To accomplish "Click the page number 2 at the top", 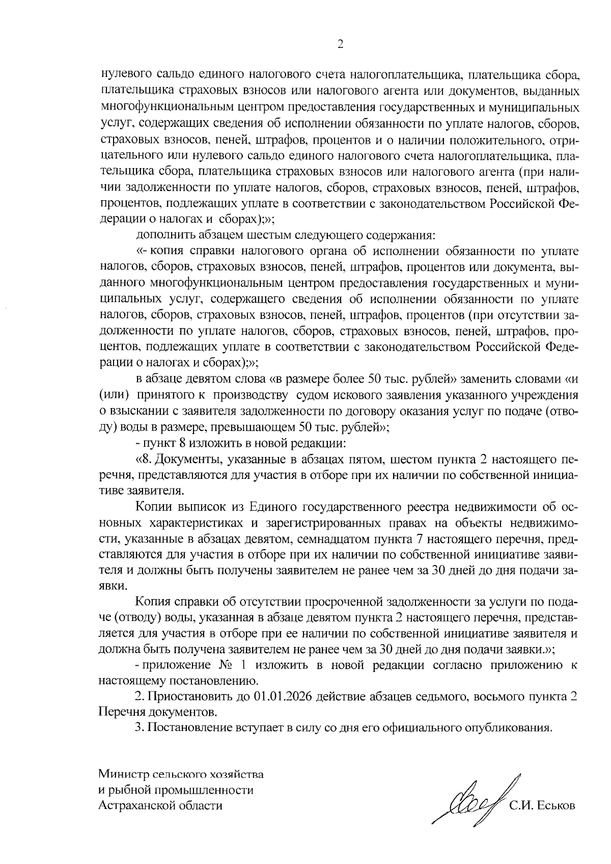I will coord(341,45).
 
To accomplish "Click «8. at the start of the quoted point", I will coord(145,460).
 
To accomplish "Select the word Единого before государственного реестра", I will coord(273,507).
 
